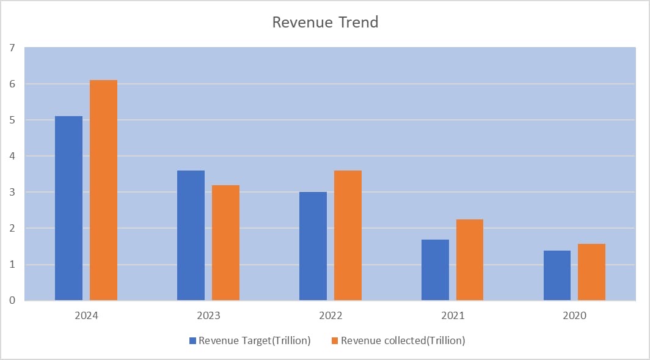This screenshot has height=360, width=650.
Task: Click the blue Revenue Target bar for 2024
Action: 68,208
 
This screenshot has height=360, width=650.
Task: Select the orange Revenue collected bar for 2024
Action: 103,190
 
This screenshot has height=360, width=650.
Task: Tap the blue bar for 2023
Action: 191,235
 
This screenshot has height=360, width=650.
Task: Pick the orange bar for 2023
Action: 225,243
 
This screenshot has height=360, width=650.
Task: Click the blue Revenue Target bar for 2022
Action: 313,246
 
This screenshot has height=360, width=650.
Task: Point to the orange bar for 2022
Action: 348,235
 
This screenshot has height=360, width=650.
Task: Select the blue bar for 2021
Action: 435,270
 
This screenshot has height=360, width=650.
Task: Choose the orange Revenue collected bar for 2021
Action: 469,260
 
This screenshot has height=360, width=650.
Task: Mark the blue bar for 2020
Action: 557,275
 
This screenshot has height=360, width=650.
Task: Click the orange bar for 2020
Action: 591,272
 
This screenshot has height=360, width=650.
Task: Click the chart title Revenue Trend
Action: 325,23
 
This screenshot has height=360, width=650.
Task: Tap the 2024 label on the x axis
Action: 86,316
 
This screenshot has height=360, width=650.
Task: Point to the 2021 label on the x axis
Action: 453,316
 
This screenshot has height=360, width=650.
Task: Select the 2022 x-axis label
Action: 330,316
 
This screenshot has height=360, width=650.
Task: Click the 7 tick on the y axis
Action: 12,48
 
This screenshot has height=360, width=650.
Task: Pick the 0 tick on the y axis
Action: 12,301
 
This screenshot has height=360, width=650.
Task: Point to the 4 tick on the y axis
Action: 12,156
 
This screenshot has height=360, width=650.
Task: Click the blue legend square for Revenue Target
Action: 193,340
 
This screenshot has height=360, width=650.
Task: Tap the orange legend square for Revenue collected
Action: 335,340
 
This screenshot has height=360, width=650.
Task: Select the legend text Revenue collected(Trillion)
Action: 403,340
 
